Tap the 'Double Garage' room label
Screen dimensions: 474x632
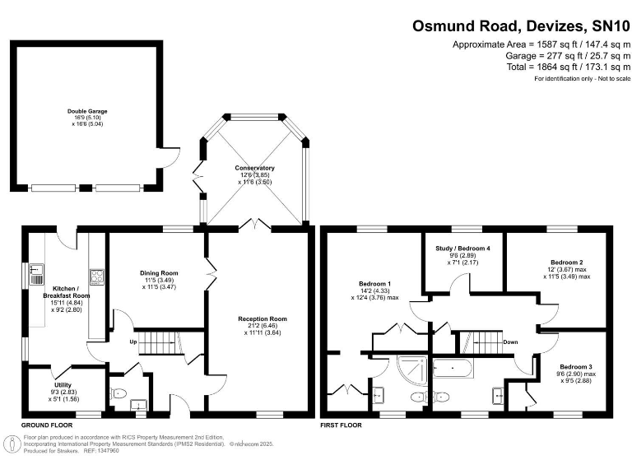click(x=87, y=111)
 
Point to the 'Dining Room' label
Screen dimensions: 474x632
click(x=159, y=273)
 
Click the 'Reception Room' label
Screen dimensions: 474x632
click(x=262, y=318)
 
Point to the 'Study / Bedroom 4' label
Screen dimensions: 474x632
click(x=462, y=248)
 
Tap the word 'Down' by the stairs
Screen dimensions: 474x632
click(x=510, y=341)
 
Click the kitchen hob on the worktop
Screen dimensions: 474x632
click(x=95, y=277)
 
